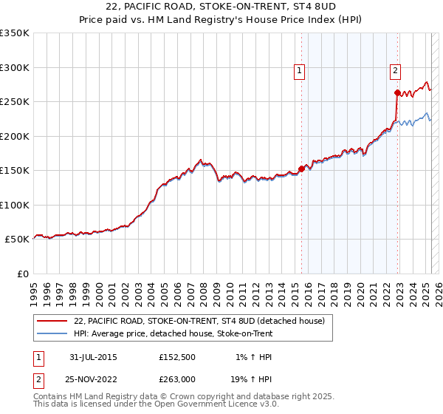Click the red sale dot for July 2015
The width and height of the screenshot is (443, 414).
point(302,169)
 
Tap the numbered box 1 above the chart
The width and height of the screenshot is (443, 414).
point(299,71)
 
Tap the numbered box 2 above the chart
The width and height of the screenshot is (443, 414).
point(395,71)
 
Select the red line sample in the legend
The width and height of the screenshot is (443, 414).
point(52,321)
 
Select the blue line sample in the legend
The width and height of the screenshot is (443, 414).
point(52,333)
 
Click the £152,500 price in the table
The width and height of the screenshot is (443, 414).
point(176,357)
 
